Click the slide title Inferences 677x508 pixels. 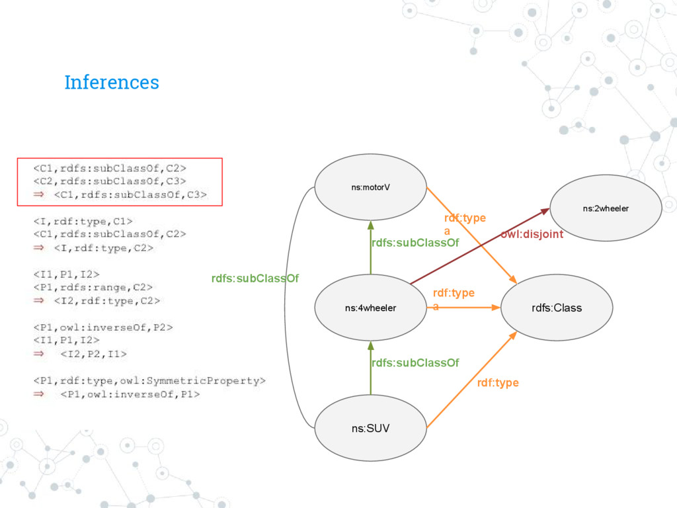tap(111, 83)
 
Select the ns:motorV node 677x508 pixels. tap(370, 187)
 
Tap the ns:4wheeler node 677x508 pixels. tap(370, 308)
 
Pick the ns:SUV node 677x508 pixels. tap(370, 428)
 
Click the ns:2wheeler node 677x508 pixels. tap(606, 208)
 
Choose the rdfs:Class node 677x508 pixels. tap(557, 308)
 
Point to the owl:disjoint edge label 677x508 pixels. tap(532, 234)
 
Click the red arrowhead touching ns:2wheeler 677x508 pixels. tap(545, 211)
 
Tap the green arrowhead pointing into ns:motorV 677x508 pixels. tap(371, 225)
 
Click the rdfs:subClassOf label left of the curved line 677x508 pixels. tap(255, 278)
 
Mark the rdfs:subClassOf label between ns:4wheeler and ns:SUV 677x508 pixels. tap(415, 362)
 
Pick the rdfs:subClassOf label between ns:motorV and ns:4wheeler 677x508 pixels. tap(415, 243)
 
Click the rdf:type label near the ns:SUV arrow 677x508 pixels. tap(497, 383)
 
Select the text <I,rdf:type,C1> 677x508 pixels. tap(83, 220)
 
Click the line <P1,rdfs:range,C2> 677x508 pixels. tap(93, 286)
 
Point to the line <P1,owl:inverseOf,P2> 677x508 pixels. tap(104, 326)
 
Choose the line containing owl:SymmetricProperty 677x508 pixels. tap(149, 380)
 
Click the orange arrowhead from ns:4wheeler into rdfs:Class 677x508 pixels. tap(495, 307)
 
